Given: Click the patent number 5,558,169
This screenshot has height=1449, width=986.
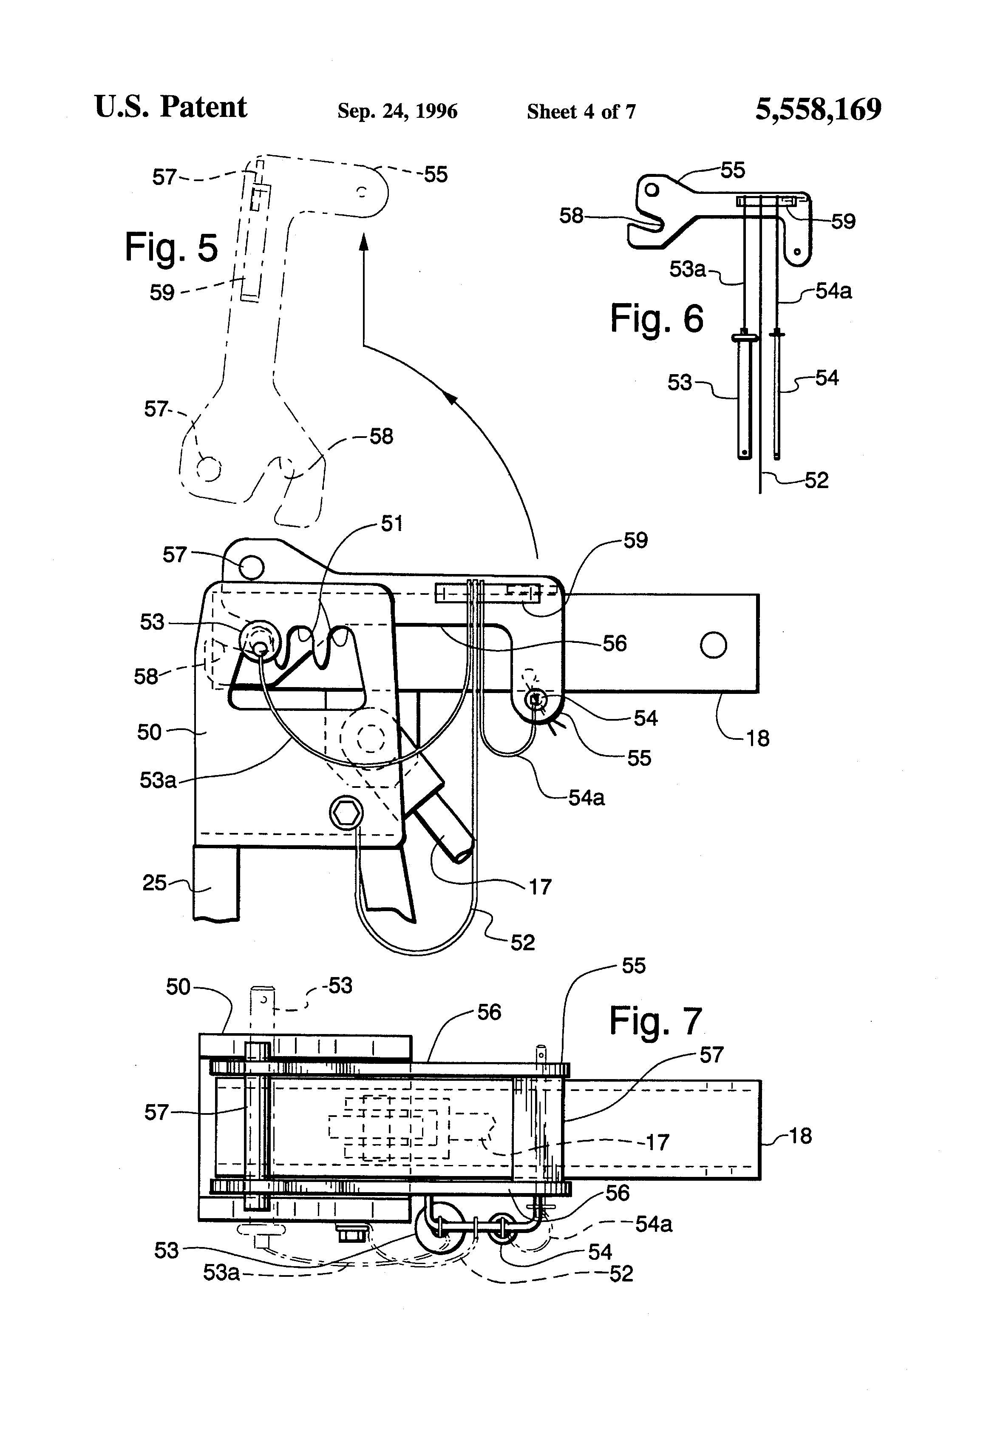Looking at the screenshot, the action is [x=819, y=109].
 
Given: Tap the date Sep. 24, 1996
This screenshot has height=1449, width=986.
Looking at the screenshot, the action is [x=398, y=111].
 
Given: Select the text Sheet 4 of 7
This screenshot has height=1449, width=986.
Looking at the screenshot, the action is [x=581, y=111].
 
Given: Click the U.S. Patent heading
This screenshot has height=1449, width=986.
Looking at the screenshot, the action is [x=171, y=107].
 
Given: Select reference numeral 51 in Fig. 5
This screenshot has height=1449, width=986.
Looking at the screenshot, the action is [x=391, y=524].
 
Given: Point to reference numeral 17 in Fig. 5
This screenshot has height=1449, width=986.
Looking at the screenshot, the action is [x=540, y=886].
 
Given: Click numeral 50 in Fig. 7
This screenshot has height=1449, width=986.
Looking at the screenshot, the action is [x=178, y=987].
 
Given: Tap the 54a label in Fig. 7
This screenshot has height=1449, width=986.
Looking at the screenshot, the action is [x=654, y=1225].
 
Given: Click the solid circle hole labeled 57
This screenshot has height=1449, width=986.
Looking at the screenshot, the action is [x=251, y=567].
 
